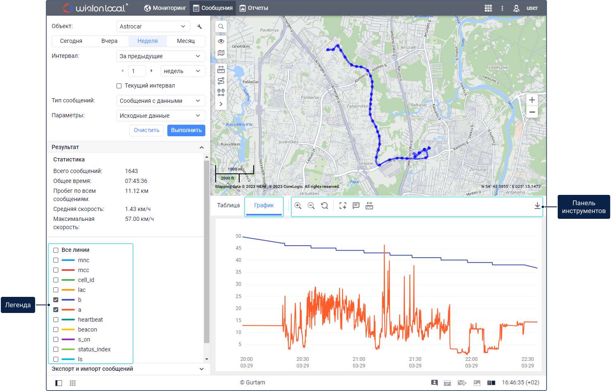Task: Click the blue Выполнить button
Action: (186, 130)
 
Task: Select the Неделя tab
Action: (147, 41)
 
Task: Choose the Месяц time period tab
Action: (185, 41)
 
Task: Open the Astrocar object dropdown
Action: (153, 26)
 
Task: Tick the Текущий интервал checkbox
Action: (119, 86)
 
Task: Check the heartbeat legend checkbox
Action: (56, 320)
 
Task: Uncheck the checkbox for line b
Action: (56, 300)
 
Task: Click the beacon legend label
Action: (88, 329)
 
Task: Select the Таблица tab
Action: (228, 205)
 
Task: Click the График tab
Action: (264, 205)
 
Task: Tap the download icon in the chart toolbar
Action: (537, 206)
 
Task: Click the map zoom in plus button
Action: (532, 100)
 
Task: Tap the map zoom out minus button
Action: (532, 112)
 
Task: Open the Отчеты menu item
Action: (254, 8)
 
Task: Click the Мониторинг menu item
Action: (165, 8)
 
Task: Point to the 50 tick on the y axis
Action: (238, 236)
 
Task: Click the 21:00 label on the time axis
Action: (359, 359)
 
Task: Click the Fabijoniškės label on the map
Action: (358, 106)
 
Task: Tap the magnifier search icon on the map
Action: (221, 26)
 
